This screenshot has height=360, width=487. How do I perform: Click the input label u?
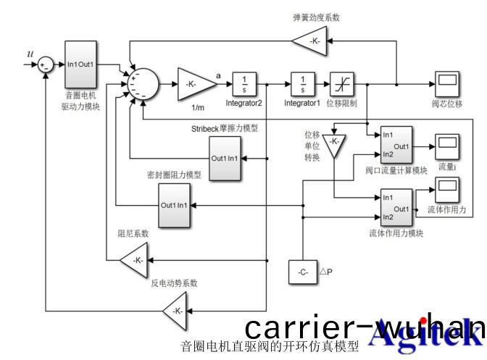[29, 53]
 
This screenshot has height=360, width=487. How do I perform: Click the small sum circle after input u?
[46, 64]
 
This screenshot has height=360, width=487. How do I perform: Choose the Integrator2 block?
[244, 83]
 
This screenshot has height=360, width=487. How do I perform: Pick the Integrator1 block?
[302, 83]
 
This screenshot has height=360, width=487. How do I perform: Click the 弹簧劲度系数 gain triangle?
[312, 42]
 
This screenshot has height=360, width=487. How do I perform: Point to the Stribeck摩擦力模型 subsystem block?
[225, 159]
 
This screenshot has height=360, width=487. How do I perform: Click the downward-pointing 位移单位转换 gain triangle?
[334, 143]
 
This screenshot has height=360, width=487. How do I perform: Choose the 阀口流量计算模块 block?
[395, 146]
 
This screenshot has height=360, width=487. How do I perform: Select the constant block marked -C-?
[303, 272]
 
